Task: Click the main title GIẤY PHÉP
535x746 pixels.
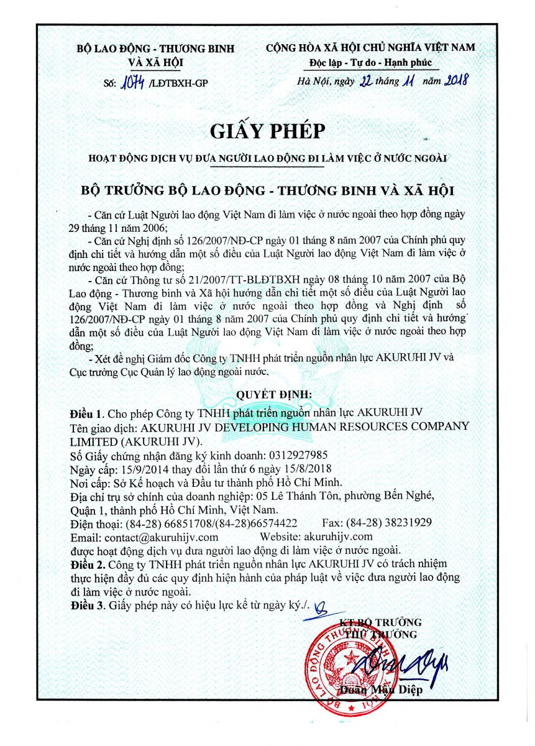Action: pyautogui.click(x=268, y=131)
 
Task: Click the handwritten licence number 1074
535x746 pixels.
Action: pyautogui.click(x=132, y=81)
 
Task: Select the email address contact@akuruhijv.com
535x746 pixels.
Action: pyautogui.click(x=161, y=536)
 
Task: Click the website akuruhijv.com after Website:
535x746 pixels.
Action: pyautogui.click(x=338, y=536)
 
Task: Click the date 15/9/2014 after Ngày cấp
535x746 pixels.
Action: pyautogui.click(x=138, y=468)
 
